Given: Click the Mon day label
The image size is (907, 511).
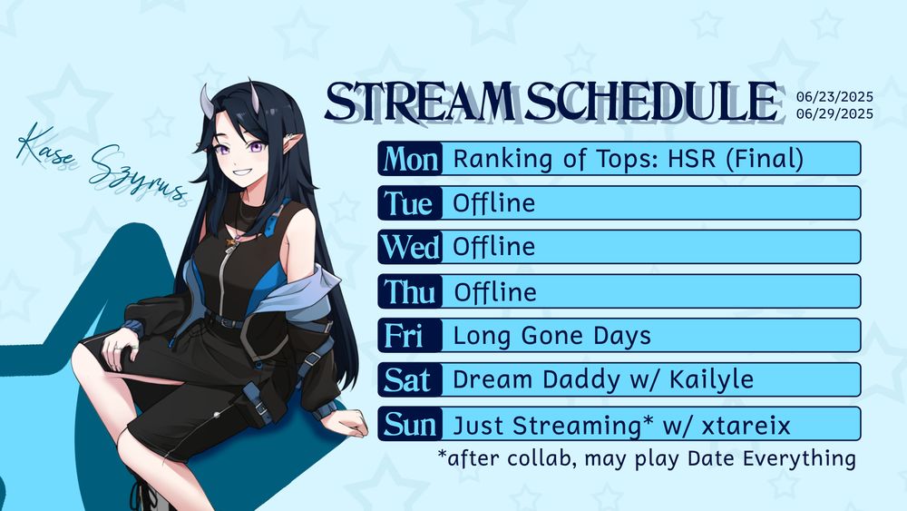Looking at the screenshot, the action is click(x=411, y=159).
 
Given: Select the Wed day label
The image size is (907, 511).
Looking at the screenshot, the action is click(x=410, y=247).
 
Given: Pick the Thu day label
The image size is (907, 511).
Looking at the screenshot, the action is click(x=410, y=291).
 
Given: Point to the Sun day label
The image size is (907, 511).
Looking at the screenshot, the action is click(x=410, y=424).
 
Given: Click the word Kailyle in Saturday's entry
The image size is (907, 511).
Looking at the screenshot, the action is click(x=711, y=380).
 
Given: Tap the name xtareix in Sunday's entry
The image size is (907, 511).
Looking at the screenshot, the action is click(x=746, y=426).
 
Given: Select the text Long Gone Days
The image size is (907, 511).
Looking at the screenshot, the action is click(x=551, y=337).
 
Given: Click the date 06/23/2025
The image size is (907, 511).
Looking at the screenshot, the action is click(x=834, y=96).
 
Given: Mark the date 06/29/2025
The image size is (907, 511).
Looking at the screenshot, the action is click(x=834, y=113).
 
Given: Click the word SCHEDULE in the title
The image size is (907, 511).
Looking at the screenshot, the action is click(x=651, y=102).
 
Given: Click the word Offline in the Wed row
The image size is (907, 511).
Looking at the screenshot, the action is click(x=494, y=247).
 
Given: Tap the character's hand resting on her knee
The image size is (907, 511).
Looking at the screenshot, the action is click(x=119, y=346).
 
